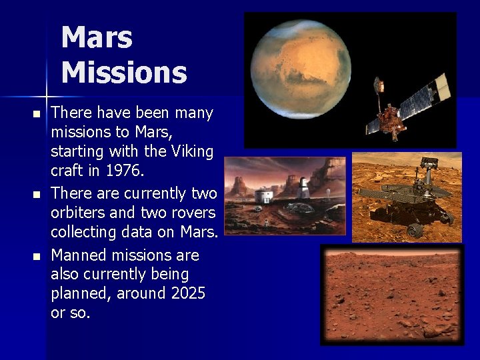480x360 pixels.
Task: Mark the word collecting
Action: click(x=86, y=232)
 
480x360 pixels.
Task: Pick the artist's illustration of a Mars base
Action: click(x=285, y=196)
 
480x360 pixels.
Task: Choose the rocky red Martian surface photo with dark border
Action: click(x=391, y=294)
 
